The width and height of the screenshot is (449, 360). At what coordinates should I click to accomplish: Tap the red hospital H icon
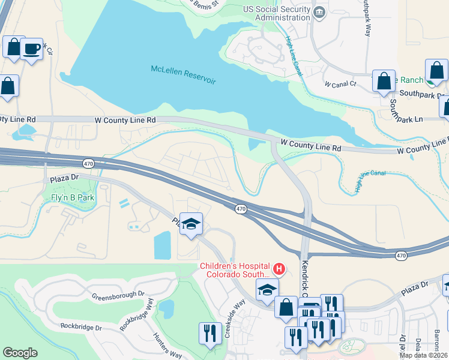coord(278,269)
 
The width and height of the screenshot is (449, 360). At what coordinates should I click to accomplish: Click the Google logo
coord(20,352)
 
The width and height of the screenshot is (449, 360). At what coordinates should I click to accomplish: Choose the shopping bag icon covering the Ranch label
coord(384,81)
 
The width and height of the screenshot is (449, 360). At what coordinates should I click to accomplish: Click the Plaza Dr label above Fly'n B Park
coord(63,179)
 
